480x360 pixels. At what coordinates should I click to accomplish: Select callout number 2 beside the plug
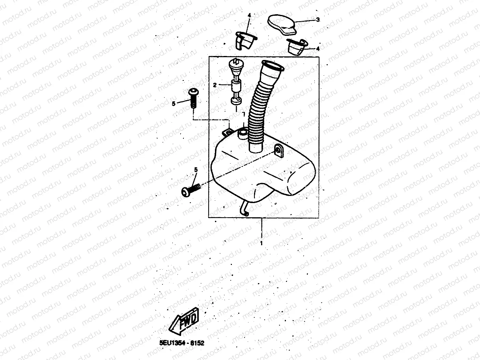pyautogui.click(x=215, y=85)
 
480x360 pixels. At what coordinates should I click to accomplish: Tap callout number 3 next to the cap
pyautogui.click(x=318, y=19)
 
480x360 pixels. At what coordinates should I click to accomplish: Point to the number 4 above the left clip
pyautogui.click(x=249, y=15)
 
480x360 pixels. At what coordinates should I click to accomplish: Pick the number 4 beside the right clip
pyautogui.click(x=318, y=49)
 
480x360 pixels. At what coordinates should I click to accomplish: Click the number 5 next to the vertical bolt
pyautogui.click(x=173, y=103)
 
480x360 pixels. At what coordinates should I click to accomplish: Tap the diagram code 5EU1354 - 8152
pyautogui.click(x=179, y=343)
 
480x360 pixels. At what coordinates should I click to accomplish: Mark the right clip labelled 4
pyautogui.click(x=297, y=47)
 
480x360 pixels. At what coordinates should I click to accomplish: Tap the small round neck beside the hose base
pyautogui.click(x=243, y=134)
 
